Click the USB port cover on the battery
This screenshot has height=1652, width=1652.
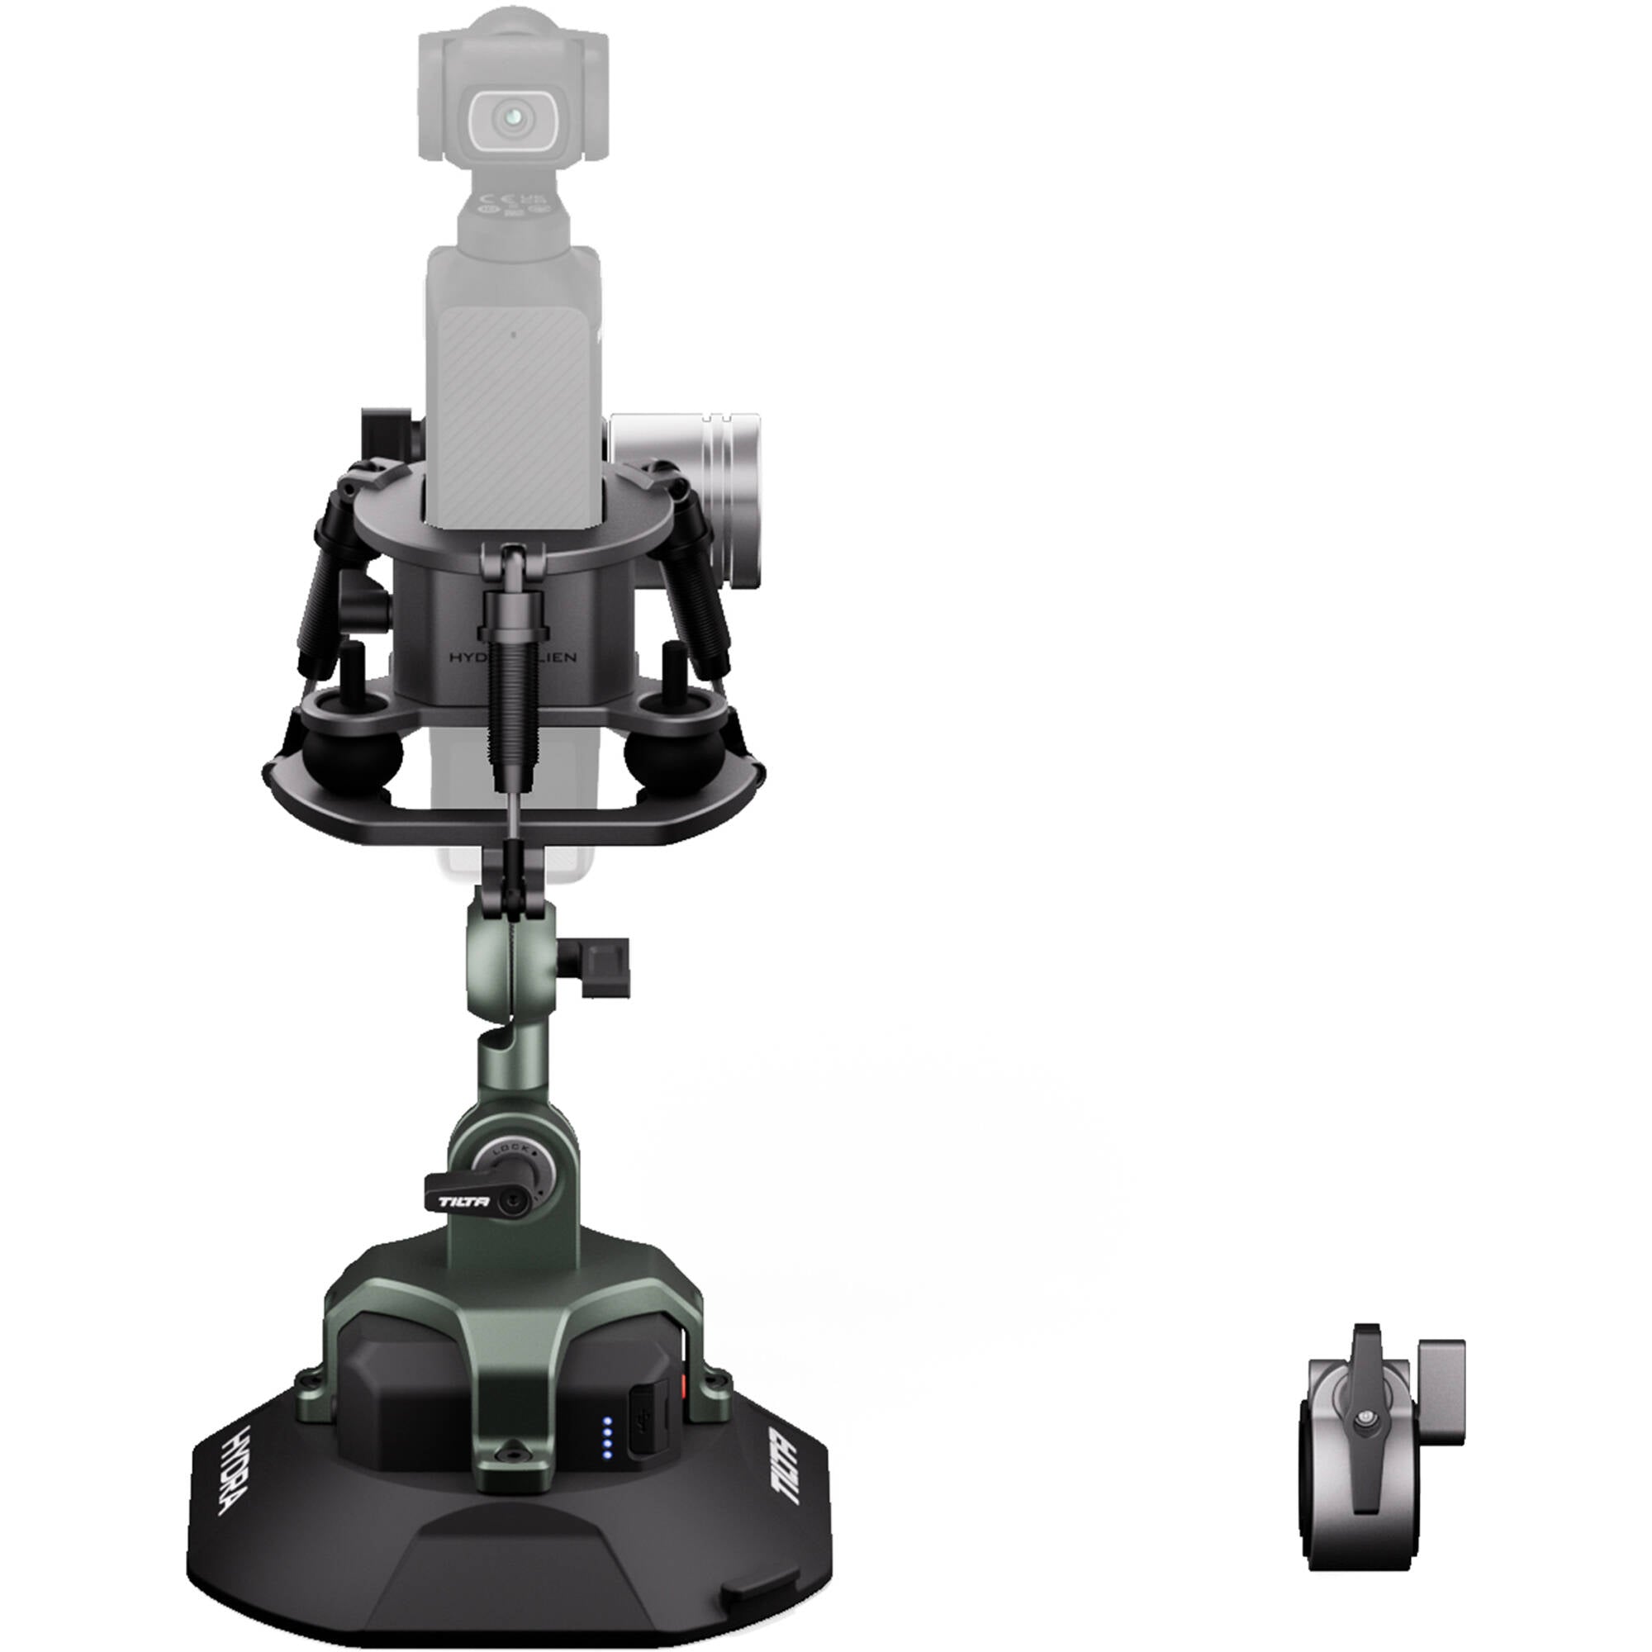(649, 1435)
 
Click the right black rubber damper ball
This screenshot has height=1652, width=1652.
(658, 752)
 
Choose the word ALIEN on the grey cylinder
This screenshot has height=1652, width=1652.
(550, 657)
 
